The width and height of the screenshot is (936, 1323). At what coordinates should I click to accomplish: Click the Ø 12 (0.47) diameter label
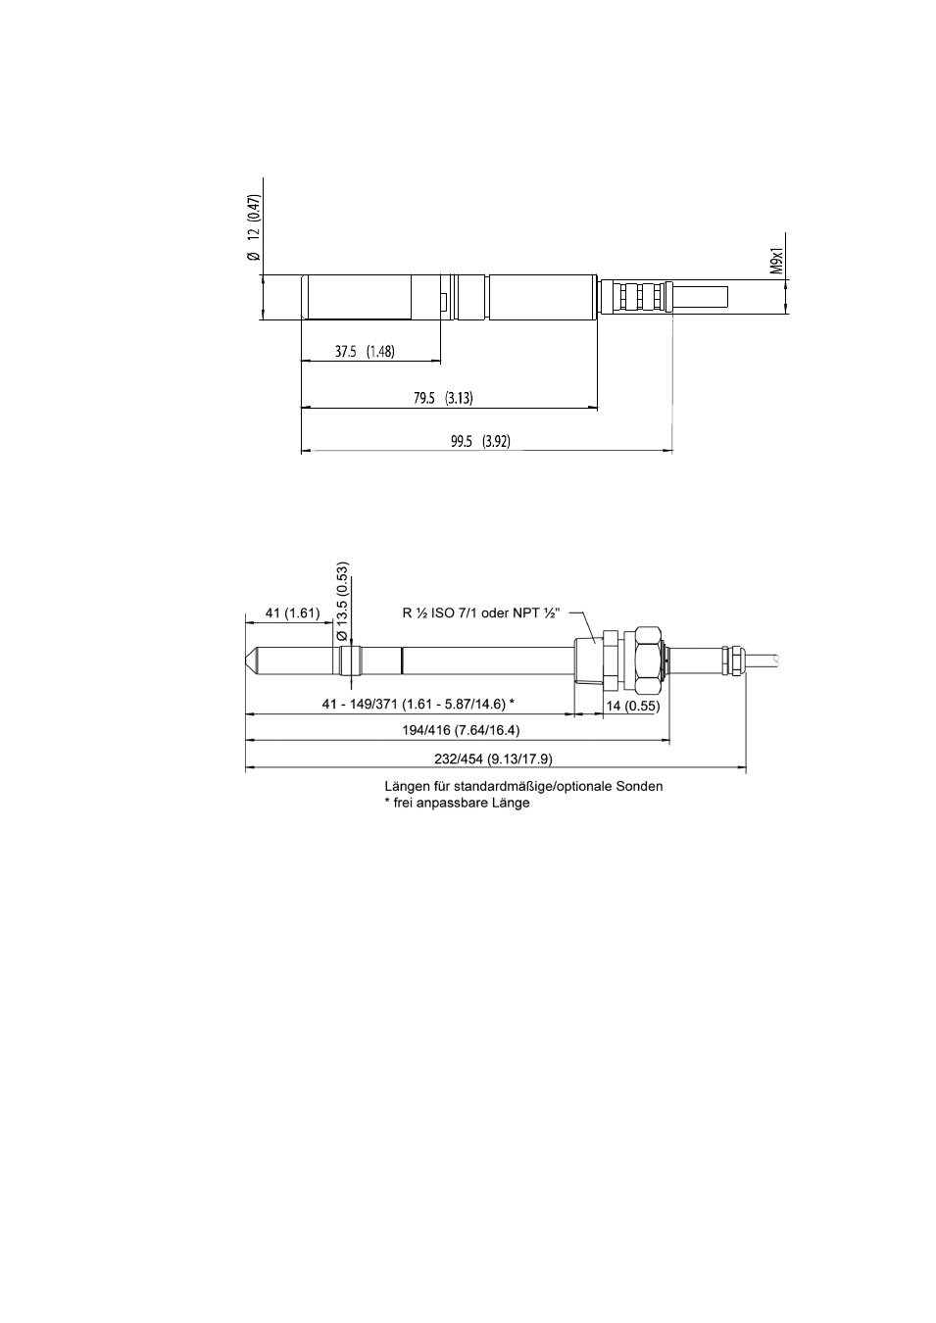253,226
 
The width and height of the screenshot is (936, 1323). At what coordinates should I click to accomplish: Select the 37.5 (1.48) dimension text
365,352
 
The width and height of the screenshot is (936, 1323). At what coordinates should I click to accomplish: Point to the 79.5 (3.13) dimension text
443,398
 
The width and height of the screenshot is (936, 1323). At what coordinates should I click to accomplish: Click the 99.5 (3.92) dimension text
480,441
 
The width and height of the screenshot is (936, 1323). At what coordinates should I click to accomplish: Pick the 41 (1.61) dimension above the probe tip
292,613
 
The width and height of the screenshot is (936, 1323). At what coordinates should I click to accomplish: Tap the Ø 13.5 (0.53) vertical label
342,602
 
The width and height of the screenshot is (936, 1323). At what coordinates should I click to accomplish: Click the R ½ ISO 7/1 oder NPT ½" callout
481,613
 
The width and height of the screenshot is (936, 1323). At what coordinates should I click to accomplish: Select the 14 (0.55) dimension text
633,706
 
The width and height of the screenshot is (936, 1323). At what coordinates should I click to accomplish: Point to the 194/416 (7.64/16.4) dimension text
462,731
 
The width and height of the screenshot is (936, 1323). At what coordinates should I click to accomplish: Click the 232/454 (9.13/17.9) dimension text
494,759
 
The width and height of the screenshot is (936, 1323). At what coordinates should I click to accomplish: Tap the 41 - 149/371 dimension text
419,704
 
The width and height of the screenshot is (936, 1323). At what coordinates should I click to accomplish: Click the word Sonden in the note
640,787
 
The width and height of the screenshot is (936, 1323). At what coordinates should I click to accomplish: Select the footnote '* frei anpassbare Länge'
457,804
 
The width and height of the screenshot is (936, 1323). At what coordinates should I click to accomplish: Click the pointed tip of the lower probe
246,661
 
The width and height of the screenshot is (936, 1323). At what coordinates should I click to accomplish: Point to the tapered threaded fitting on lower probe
588,661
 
